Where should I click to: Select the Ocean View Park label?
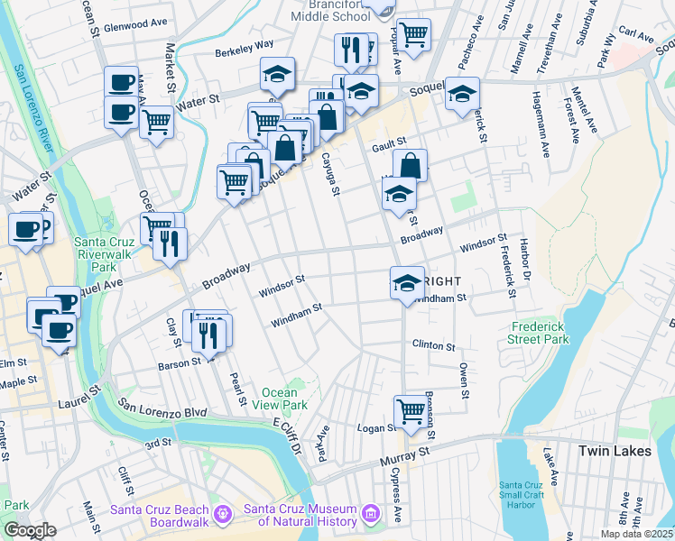284,399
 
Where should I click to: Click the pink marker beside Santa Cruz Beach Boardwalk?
224,515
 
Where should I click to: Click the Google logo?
30,530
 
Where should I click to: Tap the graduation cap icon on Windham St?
407,283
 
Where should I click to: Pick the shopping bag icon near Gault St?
410,165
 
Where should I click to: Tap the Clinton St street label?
434,344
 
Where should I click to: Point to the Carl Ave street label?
637,35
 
